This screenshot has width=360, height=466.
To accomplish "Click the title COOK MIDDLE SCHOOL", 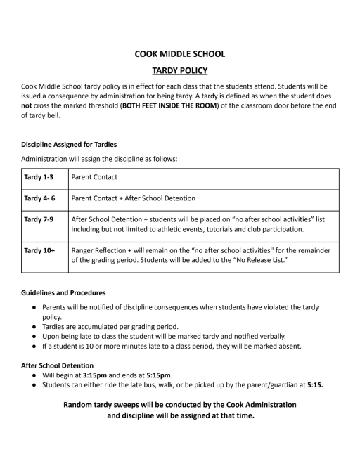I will (180, 53).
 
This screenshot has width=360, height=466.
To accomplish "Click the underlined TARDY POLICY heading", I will (180, 70).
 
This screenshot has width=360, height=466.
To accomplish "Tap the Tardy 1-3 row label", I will (39, 177).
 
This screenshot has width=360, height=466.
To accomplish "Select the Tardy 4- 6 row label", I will (40, 199).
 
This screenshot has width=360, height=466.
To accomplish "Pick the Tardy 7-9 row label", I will (39, 219).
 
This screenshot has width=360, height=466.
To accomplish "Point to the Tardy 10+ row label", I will (40, 250).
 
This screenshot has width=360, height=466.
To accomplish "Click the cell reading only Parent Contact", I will (95, 177).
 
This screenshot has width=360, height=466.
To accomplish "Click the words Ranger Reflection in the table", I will (101, 250).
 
